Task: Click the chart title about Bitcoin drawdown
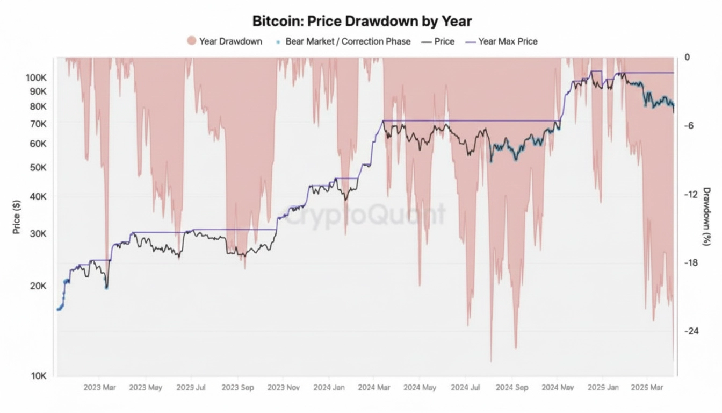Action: pyautogui.click(x=362, y=22)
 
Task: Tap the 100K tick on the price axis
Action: pyautogui.click(x=36, y=78)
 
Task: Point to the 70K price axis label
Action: pyautogui.click(x=39, y=124)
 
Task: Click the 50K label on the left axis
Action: pyautogui.click(x=39, y=168)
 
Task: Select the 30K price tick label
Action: pyautogui.click(x=39, y=234)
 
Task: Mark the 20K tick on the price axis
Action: pyautogui.click(x=39, y=286)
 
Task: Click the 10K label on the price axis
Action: pyautogui.click(x=39, y=376)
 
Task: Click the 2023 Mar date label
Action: pyautogui.click(x=99, y=387)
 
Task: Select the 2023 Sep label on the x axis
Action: pyautogui.click(x=237, y=387)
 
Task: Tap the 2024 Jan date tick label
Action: pyautogui.click(x=329, y=387)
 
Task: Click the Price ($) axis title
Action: pyautogui.click(x=17, y=217)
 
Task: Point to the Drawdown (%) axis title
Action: pyautogui.click(x=706, y=217)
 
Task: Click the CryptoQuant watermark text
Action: pyautogui.click(x=365, y=215)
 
